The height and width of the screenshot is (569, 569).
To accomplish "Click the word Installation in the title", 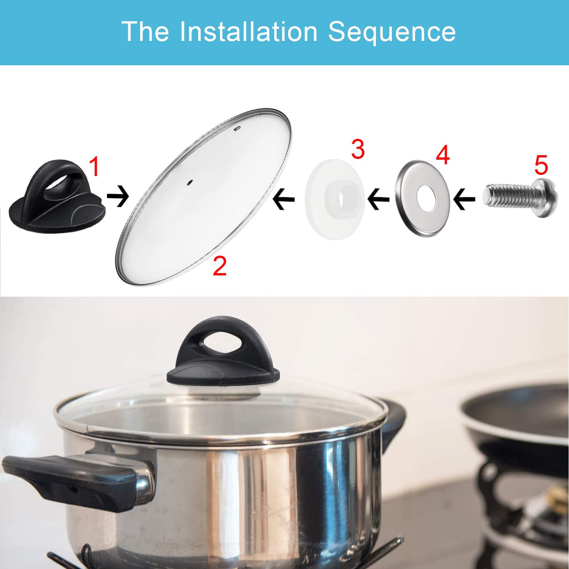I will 248,32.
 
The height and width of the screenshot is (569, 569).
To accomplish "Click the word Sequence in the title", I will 391,32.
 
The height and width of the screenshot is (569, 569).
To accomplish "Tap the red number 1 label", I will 95,167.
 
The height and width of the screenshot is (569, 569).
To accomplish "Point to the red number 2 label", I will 219,266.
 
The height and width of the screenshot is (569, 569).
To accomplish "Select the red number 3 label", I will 358,150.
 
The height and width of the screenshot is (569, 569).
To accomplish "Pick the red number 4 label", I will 443,155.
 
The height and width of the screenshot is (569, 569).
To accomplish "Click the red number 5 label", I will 541,165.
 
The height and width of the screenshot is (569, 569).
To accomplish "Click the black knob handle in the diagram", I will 56,197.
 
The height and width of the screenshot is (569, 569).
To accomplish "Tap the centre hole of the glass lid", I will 190,182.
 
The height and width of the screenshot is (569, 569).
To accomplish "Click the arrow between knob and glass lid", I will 118,196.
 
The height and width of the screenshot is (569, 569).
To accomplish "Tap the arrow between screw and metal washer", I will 464,199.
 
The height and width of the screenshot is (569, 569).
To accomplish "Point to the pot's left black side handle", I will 70,478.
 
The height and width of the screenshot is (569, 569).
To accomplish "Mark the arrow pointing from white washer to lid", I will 284,199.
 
